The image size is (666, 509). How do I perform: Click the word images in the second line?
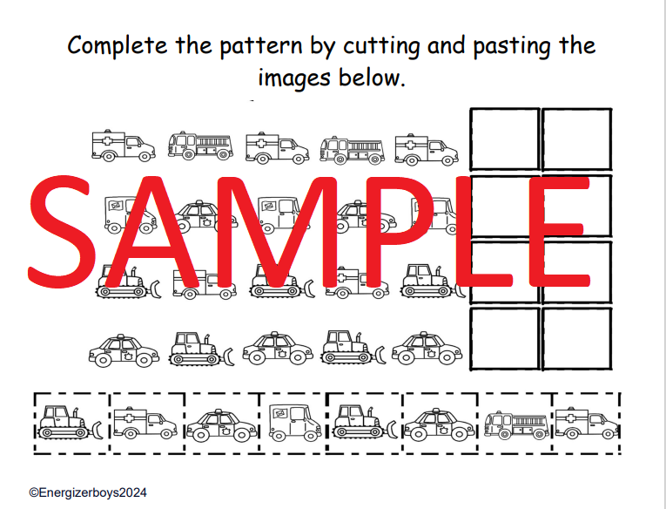(x=294, y=78)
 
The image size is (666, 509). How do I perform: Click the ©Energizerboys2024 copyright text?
(x=88, y=492)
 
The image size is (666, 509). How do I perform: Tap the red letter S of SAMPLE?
(x=62, y=232)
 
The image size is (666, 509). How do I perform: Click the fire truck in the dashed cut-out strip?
(x=516, y=425)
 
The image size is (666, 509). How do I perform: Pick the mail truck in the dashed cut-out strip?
(x=295, y=422)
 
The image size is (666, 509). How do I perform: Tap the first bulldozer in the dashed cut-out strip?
(x=71, y=422)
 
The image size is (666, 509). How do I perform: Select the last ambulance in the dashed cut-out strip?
(x=587, y=424)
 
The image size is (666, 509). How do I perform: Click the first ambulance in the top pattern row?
(x=123, y=146)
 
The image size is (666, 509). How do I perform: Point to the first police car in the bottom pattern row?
(x=124, y=351)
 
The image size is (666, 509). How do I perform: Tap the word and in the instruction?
(x=446, y=45)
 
